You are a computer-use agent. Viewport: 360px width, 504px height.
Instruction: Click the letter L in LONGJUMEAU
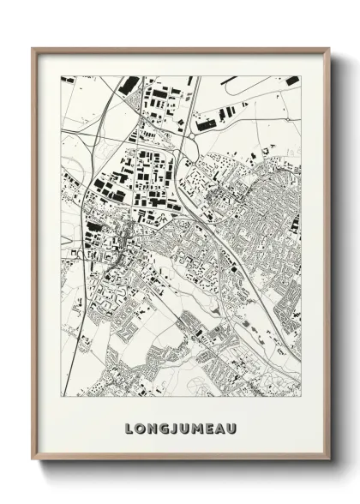pyautogui.click(x=129, y=427)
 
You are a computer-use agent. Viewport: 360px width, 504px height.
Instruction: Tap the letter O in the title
pyautogui.click(x=141, y=427)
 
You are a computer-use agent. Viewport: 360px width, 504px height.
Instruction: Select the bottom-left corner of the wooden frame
pyautogui.click(x=33, y=460)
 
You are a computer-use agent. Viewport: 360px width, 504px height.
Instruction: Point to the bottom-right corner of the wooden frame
pyautogui.click(x=330, y=460)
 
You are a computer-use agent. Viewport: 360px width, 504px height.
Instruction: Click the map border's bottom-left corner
pyautogui.click(x=61, y=397)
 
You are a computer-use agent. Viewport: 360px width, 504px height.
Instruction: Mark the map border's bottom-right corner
pyautogui.click(x=301, y=397)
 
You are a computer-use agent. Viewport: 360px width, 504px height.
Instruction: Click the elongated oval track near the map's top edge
pyautogui.click(x=229, y=85)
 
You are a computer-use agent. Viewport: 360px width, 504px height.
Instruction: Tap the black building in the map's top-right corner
pyautogui.click(x=292, y=81)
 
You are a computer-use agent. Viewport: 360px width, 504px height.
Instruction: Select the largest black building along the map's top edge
pyautogui.click(x=129, y=84)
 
